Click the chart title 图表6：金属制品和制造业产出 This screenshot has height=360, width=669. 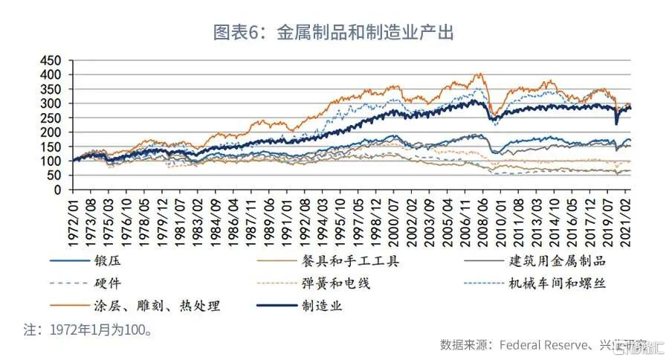pos(334,33)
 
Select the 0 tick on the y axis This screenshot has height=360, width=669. pos(62,190)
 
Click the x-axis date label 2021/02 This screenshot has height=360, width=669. pos(629,219)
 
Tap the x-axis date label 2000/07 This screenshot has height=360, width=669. pos(394,219)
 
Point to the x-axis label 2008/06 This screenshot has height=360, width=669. pos(483,219)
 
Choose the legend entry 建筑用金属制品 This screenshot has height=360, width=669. pos(557,261)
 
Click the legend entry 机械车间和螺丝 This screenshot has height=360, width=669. pos(557,283)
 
